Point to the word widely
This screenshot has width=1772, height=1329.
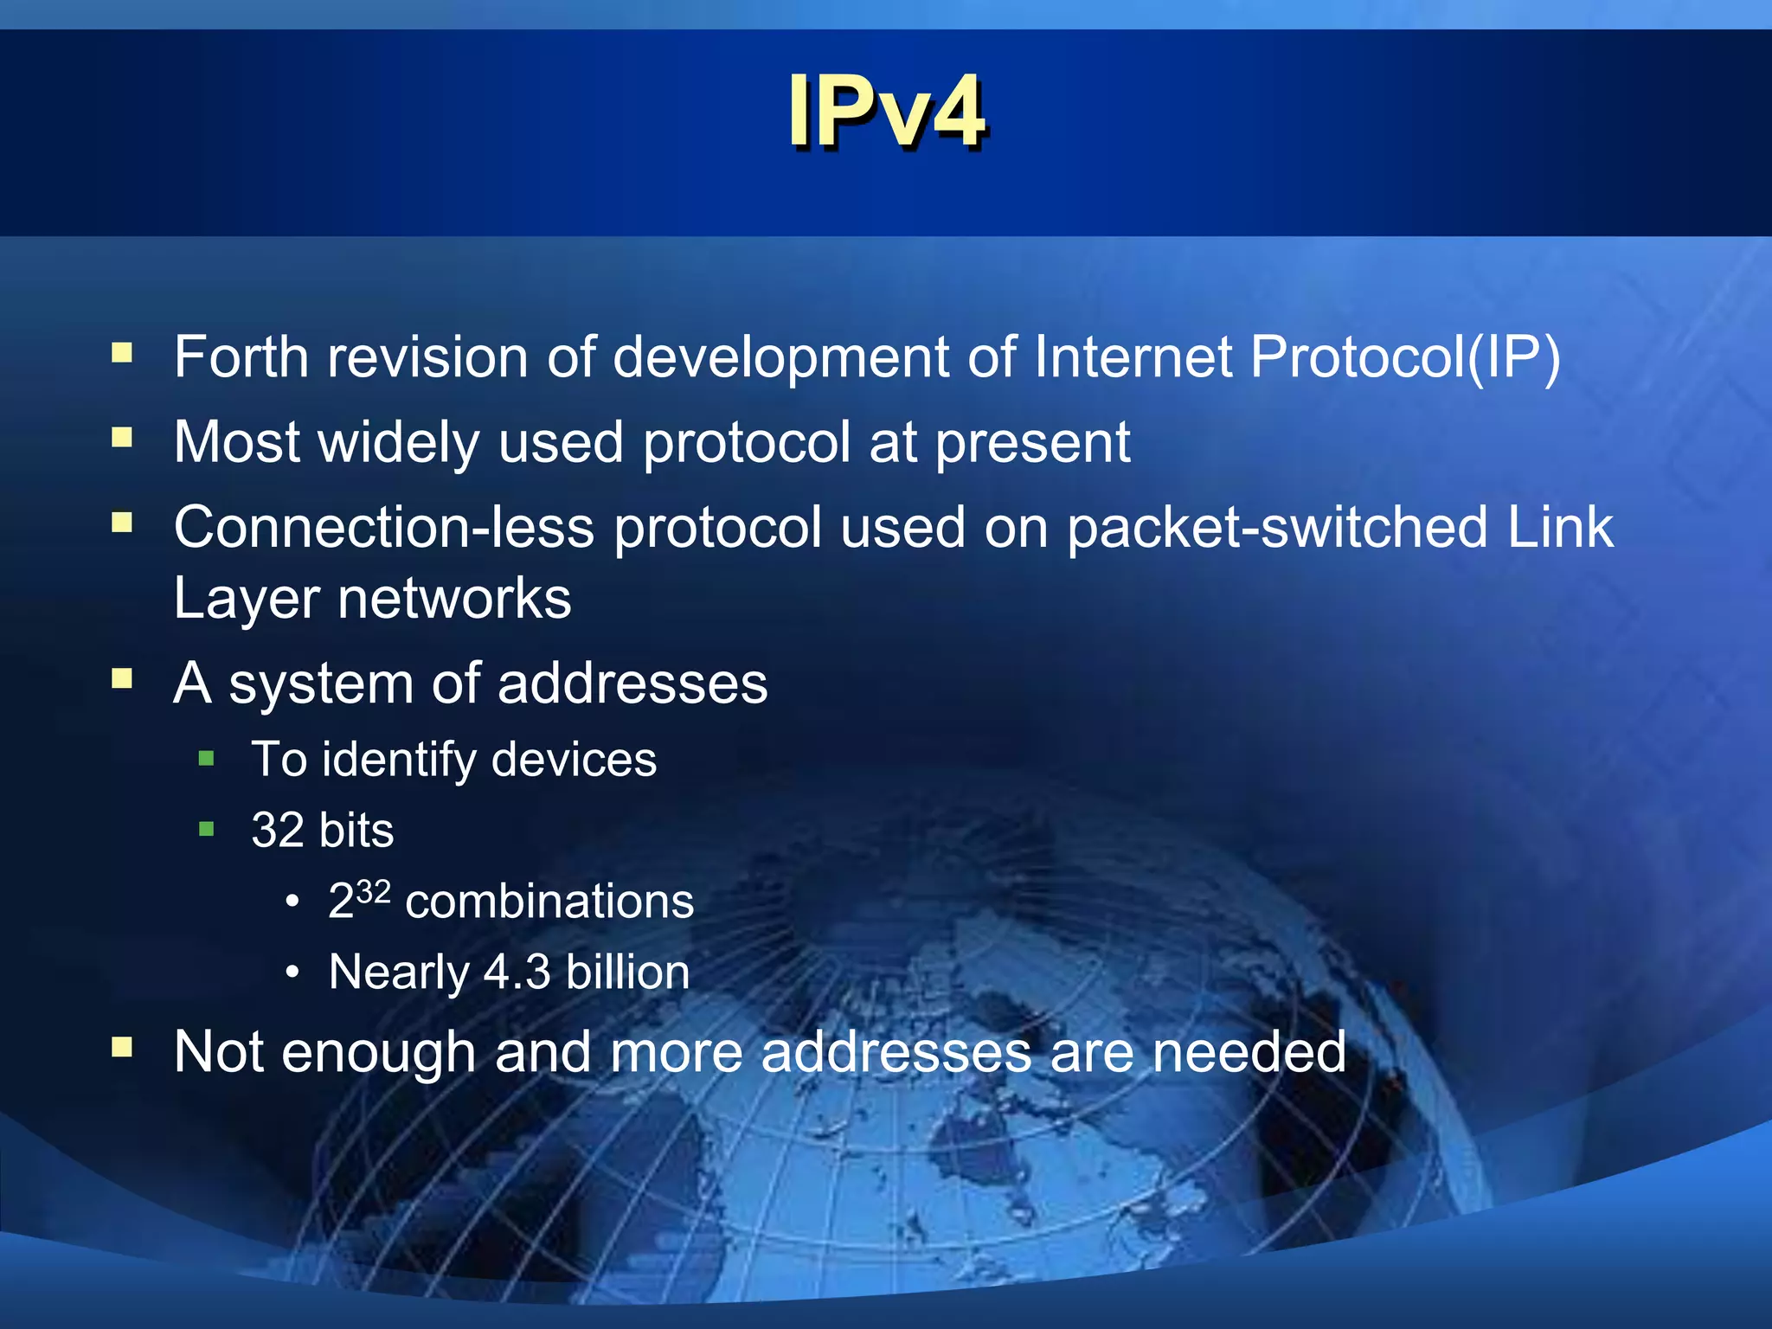point(399,442)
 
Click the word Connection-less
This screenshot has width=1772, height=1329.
point(383,527)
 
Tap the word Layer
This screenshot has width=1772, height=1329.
point(246,599)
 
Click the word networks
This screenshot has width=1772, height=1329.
point(454,599)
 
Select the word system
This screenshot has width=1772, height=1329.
point(321,684)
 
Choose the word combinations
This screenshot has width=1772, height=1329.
point(549,902)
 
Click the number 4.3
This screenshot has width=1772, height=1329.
point(517,972)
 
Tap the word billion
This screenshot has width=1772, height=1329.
point(627,972)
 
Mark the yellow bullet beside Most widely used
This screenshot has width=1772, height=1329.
point(122,438)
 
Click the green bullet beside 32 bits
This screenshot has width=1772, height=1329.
point(206,830)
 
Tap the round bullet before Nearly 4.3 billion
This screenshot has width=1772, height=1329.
point(293,973)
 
